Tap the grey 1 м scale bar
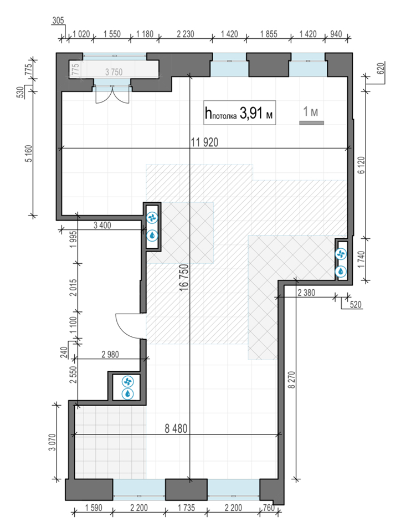[x=311, y=122]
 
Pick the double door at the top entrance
[x=112, y=94]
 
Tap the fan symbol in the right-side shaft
[x=341, y=254]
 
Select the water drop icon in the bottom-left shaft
[x=128, y=394]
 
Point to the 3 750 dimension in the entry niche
[x=114, y=71]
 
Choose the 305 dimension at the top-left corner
[x=57, y=21]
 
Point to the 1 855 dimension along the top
[x=268, y=34]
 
